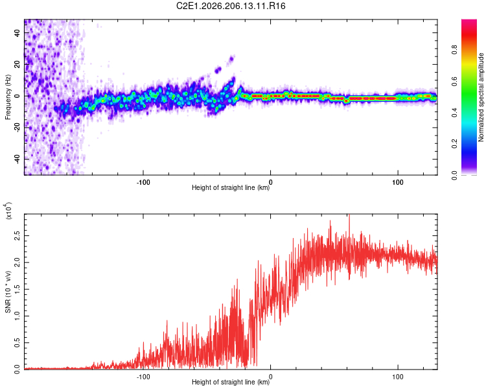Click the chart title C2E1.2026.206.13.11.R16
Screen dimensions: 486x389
pyautogui.click(x=231, y=6)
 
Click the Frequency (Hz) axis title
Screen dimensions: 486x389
pyautogui.click(x=8, y=97)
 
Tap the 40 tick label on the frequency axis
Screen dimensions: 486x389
pyautogui.click(x=17, y=33)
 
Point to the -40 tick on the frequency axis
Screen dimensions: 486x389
pyautogui.click(x=17, y=159)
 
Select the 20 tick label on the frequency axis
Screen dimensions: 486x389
pyautogui.click(x=17, y=65)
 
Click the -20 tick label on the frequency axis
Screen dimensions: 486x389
pyautogui.click(x=17, y=128)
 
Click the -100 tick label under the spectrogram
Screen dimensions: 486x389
pyautogui.click(x=143, y=182)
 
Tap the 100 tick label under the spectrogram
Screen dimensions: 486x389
pyautogui.click(x=398, y=182)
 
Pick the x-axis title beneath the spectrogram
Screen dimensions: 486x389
pyautogui.click(x=231, y=187)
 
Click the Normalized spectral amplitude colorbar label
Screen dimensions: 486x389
pyautogui.click(x=481, y=97)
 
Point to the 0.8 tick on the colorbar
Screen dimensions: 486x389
pyautogui.click(x=454, y=50)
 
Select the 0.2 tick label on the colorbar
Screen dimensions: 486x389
pyautogui.click(x=454, y=144)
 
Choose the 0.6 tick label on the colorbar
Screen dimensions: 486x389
pyautogui.click(x=454, y=81)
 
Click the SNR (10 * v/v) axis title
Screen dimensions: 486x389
pyautogui.click(x=8, y=292)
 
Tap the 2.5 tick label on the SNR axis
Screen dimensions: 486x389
pyautogui.click(x=17, y=235)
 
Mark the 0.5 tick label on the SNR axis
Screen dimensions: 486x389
pyautogui.click(x=17, y=343)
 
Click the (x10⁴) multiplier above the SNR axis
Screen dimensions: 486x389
pyautogui.click(x=8, y=211)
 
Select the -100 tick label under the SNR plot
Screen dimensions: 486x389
pyautogui.click(x=143, y=377)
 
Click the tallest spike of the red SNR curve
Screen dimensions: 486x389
pyautogui.click(x=349, y=215)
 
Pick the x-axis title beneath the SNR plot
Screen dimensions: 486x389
pyautogui.click(x=231, y=382)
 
